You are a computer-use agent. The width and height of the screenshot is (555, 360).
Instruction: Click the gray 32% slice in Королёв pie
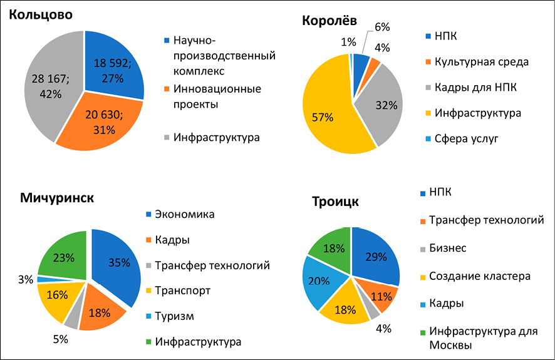coord(382,106)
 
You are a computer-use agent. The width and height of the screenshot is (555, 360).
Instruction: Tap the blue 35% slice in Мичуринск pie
coord(116,263)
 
